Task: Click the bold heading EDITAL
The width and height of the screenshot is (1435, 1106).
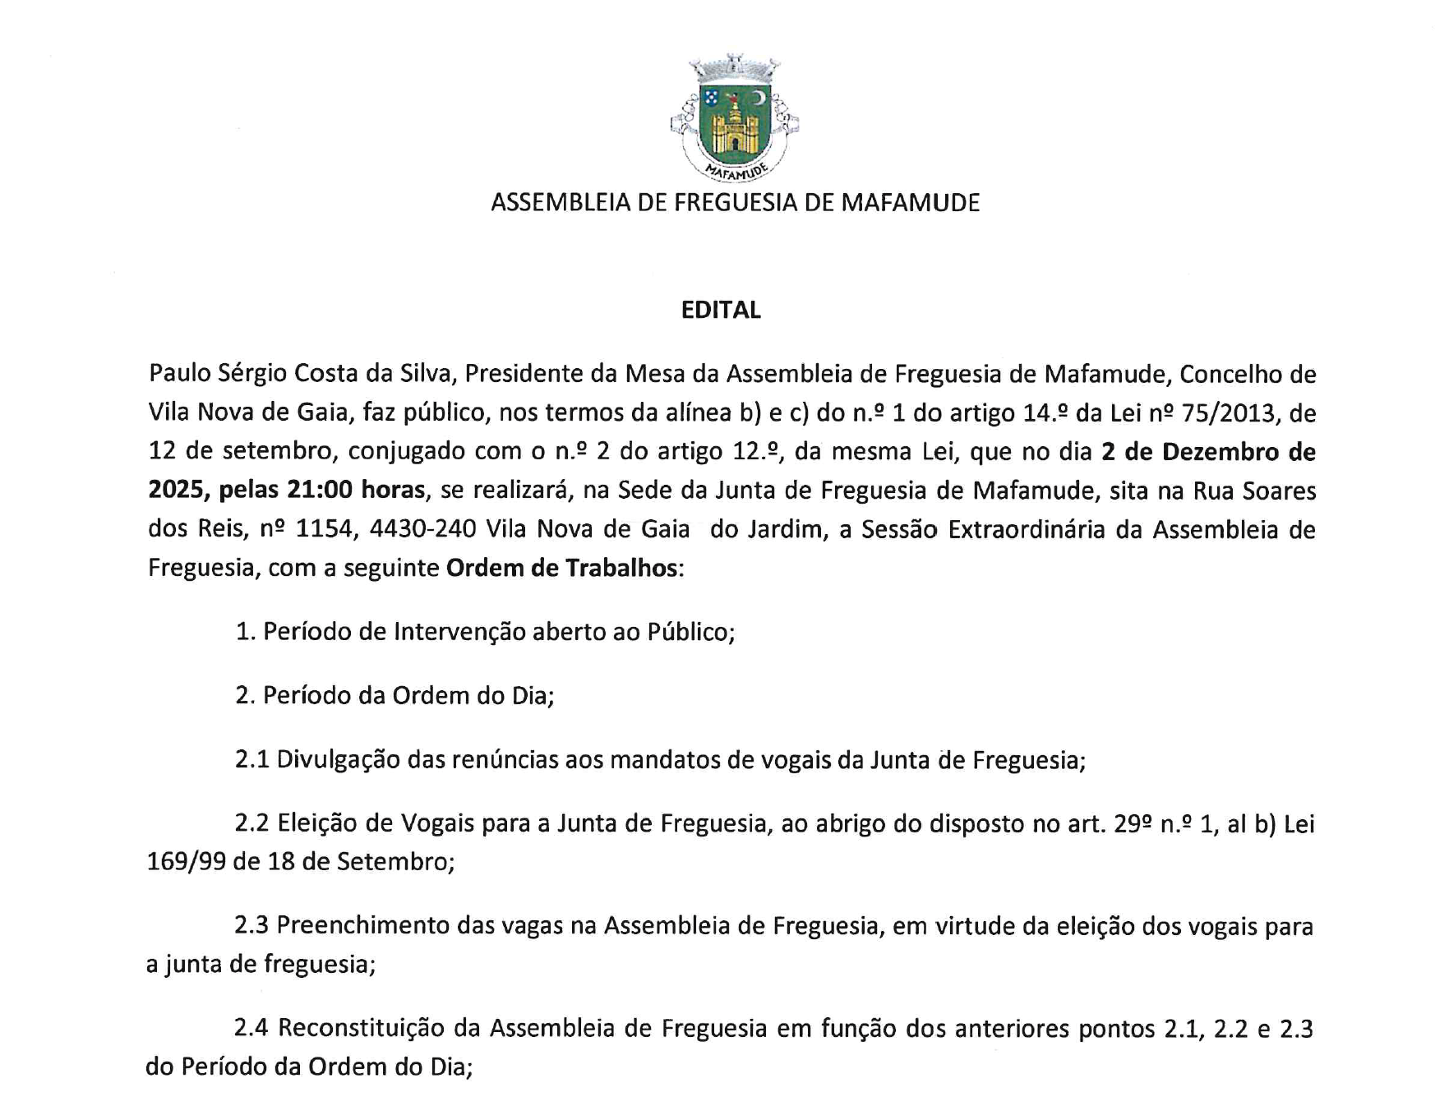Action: [x=721, y=310]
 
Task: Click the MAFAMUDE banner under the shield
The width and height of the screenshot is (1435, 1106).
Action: [x=736, y=171]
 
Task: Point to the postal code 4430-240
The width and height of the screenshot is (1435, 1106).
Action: [x=422, y=528]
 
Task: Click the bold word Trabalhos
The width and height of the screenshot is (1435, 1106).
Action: [x=621, y=568]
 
